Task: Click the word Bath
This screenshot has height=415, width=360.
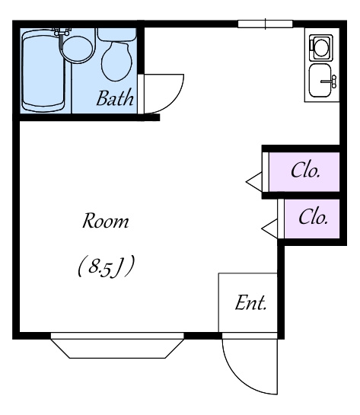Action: coord(115,98)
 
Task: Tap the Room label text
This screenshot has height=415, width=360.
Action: coord(106,221)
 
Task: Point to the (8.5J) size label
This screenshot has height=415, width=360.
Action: coord(107,266)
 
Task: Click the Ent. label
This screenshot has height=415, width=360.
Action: coord(250,302)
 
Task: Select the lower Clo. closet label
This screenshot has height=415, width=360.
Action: coord(314,217)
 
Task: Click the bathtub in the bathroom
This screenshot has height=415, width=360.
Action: coord(43,71)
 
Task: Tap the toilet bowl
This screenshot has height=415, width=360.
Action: coord(116,62)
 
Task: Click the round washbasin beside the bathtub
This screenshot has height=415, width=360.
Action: coord(77,49)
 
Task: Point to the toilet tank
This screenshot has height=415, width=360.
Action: coord(117,34)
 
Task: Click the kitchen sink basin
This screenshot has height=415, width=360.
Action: coord(320,81)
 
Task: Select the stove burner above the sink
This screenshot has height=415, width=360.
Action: coord(321,47)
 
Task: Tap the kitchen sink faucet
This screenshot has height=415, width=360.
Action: coord(330,81)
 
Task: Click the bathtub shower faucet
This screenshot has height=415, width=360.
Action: coord(62,31)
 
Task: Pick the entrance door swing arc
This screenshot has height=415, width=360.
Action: coord(239,378)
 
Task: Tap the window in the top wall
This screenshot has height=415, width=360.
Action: coord(266,24)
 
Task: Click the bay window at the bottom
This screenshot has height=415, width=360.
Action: coord(117,346)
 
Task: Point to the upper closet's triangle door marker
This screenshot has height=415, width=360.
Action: coord(254,182)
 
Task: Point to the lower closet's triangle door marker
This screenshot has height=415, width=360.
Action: coord(269,229)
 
